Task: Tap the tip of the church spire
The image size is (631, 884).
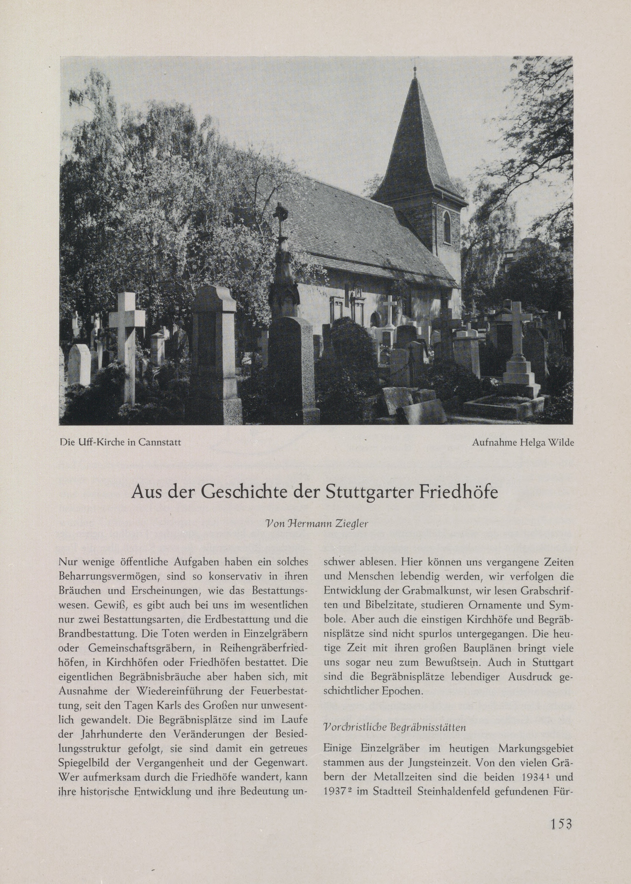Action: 415,69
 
